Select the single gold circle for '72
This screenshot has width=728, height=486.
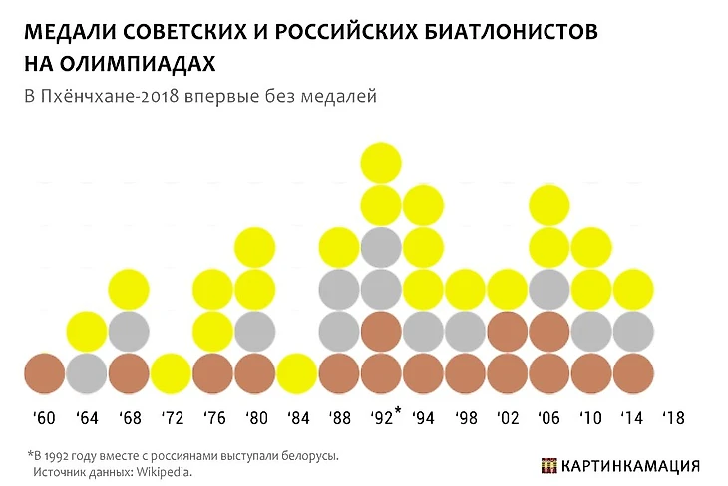[x=172, y=373]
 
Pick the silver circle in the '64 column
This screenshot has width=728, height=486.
[x=87, y=373]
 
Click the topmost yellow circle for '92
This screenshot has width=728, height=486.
[x=380, y=163]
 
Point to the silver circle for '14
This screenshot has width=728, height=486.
[x=632, y=332]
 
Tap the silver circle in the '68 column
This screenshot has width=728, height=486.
[x=129, y=332]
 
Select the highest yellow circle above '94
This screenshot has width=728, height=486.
[x=423, y=206]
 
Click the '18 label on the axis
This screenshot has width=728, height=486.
[x=675, y=416]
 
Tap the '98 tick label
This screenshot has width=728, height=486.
[x=466, y=416]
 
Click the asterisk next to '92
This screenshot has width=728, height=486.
[x=397, y=410]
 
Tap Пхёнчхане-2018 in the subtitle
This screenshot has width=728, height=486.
[x=109, y=96]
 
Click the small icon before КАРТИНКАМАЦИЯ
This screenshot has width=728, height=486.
[x=547, y=465]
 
